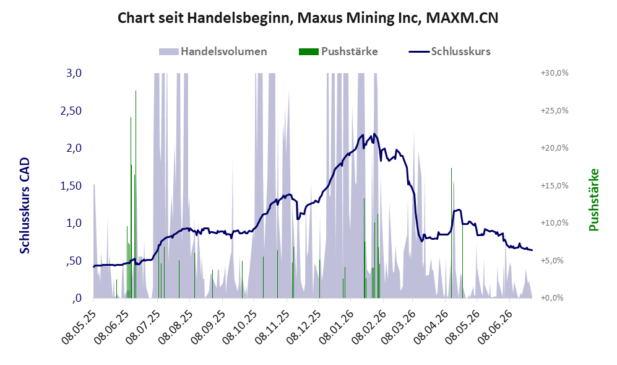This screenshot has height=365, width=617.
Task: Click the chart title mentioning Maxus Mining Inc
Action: coord(308,18)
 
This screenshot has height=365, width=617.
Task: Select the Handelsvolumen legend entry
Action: coord(213,51)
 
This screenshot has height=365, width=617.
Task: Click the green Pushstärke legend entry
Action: coord(339,51)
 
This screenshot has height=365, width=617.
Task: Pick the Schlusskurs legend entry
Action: coord(450,51)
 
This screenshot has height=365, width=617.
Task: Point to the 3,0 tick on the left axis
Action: coord(74,73)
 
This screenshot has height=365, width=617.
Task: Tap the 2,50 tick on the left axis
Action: coord(71,110)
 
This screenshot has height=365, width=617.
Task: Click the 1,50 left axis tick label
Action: coord(71,185)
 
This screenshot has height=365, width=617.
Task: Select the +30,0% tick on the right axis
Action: coord(555,73)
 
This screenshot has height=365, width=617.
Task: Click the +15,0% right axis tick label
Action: coord(555,185)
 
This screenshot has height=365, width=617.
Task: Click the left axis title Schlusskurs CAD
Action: coord(25,206)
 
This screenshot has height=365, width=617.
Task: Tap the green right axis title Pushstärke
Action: coord(593,200)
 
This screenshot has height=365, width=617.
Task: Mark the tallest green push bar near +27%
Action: coord(136,195)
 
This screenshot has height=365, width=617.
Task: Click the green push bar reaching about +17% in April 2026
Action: coord(451,233)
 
